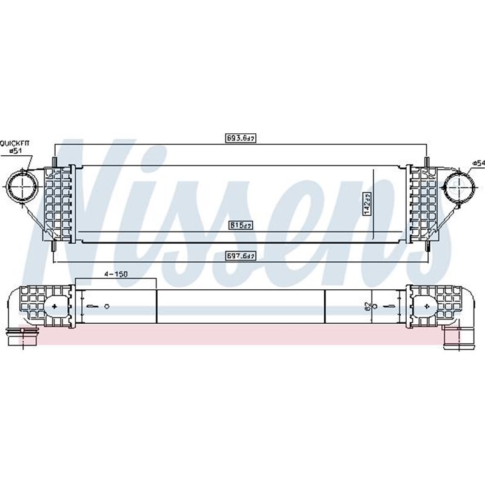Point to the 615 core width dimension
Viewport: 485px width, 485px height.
(x=241, y=225)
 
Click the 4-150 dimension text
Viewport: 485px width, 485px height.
(x=115, y=274)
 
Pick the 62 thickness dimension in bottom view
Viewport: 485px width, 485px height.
(x=367, y=307)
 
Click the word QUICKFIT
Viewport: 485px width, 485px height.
(x=13, y=144)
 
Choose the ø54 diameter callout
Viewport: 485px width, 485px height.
(x=478, y=162)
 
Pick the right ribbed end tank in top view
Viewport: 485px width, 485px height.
(x=422, y=203)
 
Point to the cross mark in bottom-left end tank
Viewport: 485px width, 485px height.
(x=56, y=307)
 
